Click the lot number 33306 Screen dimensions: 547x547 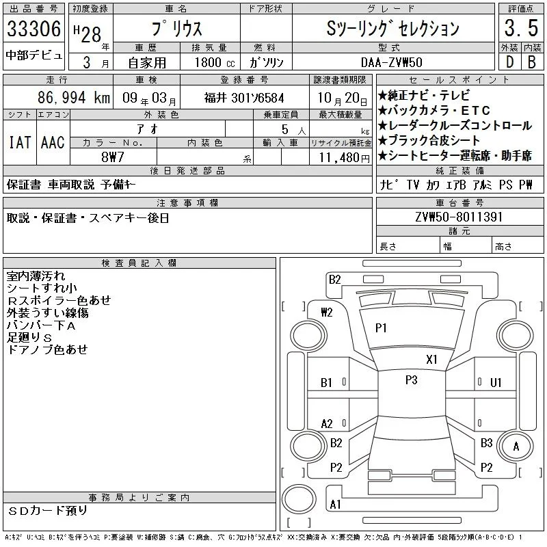coord(34,28)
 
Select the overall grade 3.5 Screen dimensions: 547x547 coord(521,28)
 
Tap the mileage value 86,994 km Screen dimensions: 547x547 coord(74,97)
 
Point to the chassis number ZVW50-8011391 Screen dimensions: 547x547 coord(459,217)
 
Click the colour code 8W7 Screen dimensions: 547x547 coord(113,157)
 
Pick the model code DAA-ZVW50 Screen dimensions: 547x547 coord(392,62)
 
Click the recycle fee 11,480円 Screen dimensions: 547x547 coord(345,158)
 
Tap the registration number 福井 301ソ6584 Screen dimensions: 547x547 coord(244,98)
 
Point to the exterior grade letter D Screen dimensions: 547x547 coord(509,62)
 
